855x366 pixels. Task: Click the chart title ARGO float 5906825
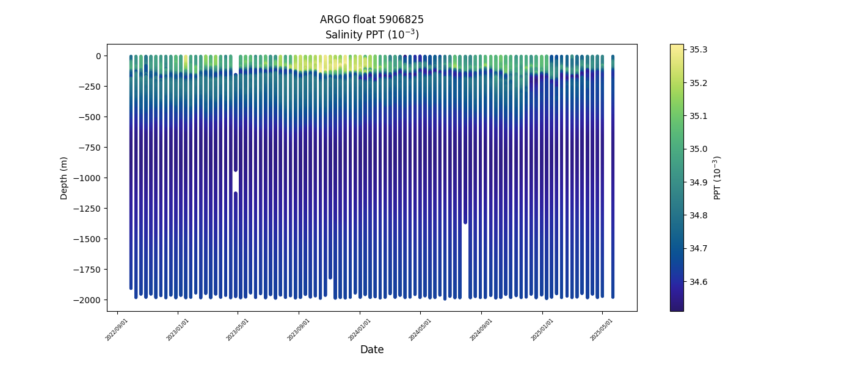click(x=371, y=20)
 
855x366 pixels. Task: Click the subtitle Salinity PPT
click(x=371, y=35)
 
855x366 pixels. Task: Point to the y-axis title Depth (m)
click(x=64, y=178)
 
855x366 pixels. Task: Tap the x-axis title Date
click(x=371, y=350)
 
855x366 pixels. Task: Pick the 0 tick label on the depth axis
click(x=98, y=56)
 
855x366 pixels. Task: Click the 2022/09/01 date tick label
click(x=117, y=329)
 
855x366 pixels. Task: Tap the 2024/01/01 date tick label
click(x=359, y=329)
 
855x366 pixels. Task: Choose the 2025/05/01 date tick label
click(x=602, y=329)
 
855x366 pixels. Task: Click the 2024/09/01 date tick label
click(x=481, y=329)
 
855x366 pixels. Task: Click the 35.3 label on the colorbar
click(x=698, y=49)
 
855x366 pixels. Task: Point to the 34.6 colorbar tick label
click(x=698, y=282)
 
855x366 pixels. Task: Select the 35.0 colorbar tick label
click(x=698, y=149)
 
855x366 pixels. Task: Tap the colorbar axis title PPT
click(x=718, y=178)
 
